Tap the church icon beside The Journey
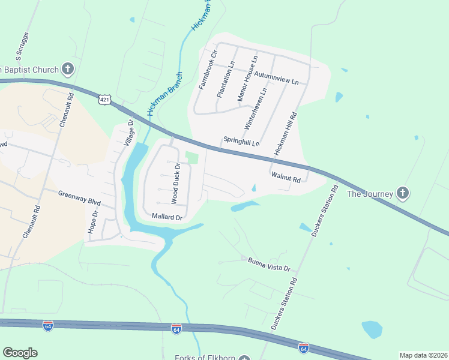pos(403,193)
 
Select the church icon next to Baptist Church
pos(67,69)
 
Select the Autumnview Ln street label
pos(276,77)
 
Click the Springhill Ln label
pos(241,141)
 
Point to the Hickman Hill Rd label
pos(286,134)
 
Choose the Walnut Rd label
pos(285,176)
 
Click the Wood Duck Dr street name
pos(175,182)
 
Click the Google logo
pos(20,353)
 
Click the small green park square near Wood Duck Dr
pos(191,157)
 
